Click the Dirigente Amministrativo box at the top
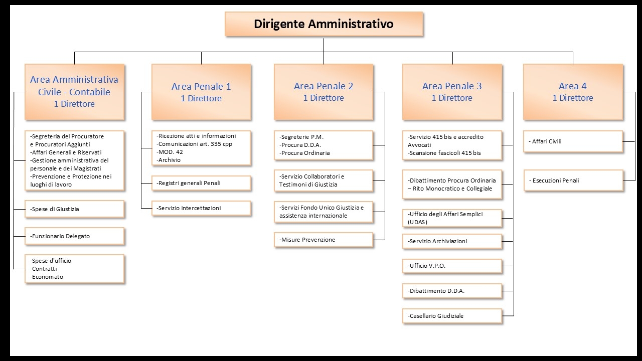coord(324,24)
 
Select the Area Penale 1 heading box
coord(201,92)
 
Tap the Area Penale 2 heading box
coord(324,92)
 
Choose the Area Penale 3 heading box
coord(452,92)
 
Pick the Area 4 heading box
coord(573,92)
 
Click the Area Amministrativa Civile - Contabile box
coord(75,92)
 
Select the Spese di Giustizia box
coord(75,209)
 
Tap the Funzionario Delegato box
coord(75,236)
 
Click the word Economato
coord(48,277)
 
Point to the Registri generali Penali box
coord(201,183)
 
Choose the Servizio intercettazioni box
coord(201,208)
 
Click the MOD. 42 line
coord(170,152)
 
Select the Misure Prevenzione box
coord(324,240)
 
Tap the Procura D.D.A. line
coord(300,145)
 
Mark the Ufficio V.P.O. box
coord(452,266)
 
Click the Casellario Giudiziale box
coord(452,316)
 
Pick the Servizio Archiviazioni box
coord(452,241)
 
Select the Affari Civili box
coord(573,141)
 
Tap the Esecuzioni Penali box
coord(573,180)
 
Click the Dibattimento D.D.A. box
coord(452,291)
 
